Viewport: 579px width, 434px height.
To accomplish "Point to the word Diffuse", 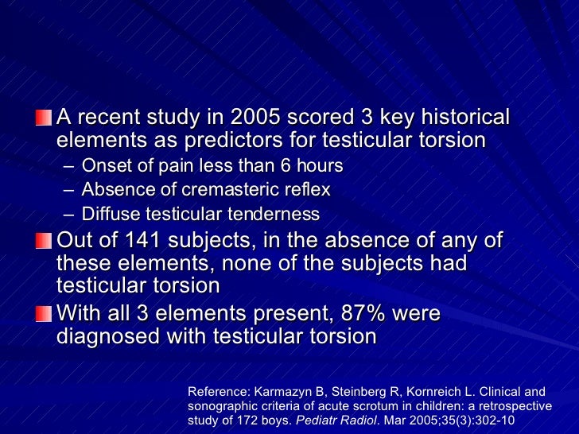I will tap(108, 214).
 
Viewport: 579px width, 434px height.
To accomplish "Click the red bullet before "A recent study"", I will tap(41, 118).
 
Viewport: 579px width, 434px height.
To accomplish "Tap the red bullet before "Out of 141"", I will tap(41, 241).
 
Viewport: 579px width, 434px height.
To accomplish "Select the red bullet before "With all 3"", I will tap(41, 314).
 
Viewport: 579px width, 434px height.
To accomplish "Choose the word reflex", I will tap(306, 190).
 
